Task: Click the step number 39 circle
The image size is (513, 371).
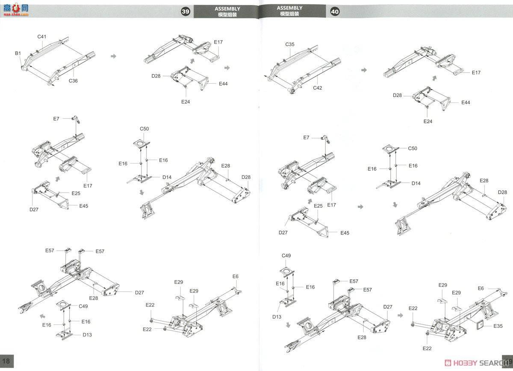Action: click(186, 11)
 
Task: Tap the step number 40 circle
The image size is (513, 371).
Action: click(335, 11)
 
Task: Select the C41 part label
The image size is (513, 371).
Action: click(42, 37)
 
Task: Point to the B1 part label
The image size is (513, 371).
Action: click(18, 53)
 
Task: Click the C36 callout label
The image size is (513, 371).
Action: click(73, 81)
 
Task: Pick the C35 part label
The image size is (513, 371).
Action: click(290, 44)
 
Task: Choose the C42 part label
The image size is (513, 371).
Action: click(317, 88)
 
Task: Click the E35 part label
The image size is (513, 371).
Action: click(498, 326)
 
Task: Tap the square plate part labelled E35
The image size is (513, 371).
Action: click(480, 325)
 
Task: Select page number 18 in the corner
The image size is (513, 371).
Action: click(6, 361)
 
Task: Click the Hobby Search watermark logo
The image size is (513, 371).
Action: click(476, 363)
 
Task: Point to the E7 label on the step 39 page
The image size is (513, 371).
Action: click(56, 119)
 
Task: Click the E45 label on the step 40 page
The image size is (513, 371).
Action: click(345, 233)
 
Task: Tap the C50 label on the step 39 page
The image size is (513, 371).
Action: click(144, 129)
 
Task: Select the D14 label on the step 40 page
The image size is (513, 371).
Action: click(416, 183)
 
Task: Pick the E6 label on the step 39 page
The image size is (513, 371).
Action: click(236, 276)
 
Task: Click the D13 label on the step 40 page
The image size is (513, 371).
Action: click(277, 317)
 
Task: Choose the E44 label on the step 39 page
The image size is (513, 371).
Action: click(223, 84)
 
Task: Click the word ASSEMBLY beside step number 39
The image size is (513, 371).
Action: click(227, 9)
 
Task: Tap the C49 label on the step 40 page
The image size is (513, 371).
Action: click(286, 255)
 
